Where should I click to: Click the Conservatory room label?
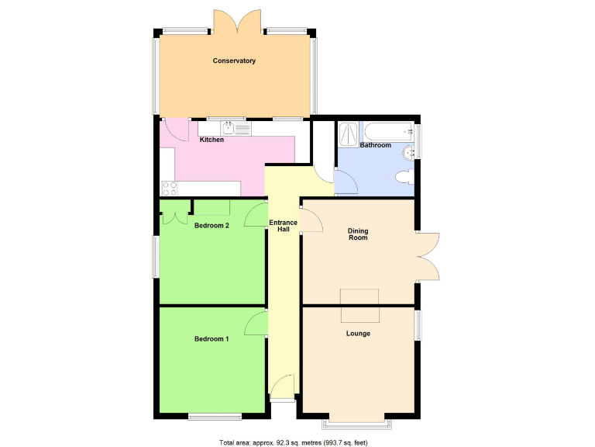(x=234, y=61)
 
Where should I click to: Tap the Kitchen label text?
(x=212, y=140)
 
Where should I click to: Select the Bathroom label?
(x=375, y=145)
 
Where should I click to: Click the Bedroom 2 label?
(x=212, y=226)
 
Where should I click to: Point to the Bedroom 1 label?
(x=212, y=339)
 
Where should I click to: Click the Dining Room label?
(x=358, y=234)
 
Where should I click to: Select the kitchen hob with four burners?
(x=169, y=188)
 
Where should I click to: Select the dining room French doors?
(x=428, y=256)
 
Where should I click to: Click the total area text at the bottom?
(x=294, y=442)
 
